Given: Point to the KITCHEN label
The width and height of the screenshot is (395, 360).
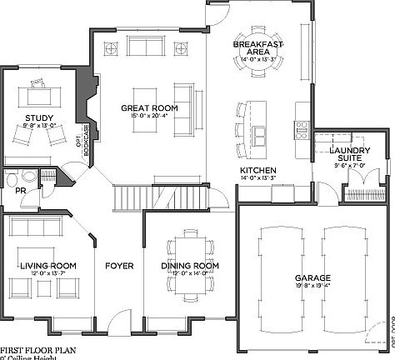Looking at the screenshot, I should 257,170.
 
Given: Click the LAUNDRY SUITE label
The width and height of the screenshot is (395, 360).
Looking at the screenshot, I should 349,155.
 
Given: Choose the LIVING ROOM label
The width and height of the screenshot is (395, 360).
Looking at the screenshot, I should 47,265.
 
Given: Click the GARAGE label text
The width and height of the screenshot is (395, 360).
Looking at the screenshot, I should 312,277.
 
